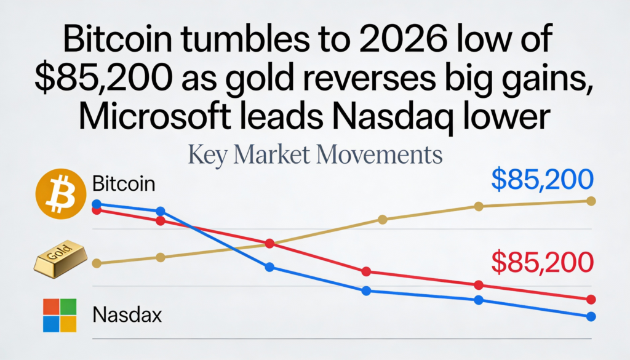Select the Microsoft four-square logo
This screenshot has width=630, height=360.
[59, 315]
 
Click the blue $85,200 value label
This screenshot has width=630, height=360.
[542, 181]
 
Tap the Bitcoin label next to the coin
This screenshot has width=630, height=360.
[124, 183]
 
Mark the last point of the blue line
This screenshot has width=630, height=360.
[591, 316]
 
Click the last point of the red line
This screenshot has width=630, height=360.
[591, 300]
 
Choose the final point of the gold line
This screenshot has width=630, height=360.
[591, 201]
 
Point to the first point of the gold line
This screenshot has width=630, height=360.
[96, 263]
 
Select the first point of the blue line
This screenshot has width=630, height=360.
[96, 204]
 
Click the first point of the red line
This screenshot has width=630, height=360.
[96, 210]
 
